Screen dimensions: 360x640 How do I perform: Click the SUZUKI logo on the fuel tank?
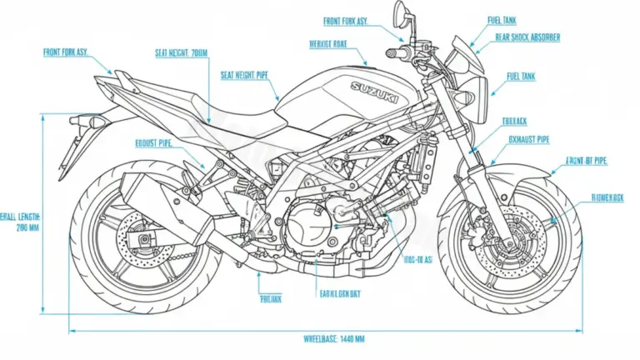374,90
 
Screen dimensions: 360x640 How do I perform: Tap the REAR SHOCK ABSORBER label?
527,37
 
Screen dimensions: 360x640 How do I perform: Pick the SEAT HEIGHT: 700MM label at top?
181,52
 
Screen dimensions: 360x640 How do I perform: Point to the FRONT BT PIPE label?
587,160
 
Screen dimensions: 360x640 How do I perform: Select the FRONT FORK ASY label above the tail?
65,52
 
